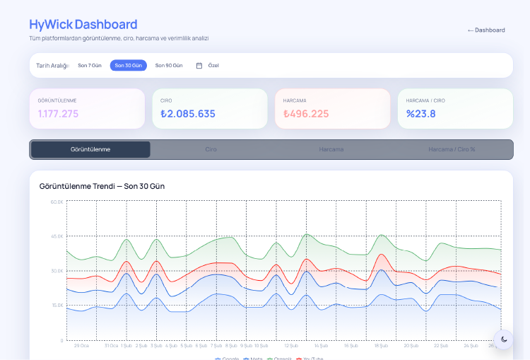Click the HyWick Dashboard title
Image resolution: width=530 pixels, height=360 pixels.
[83, 25]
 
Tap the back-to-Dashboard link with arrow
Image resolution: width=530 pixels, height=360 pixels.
[486, 30]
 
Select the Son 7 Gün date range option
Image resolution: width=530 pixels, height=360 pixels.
[90, 65]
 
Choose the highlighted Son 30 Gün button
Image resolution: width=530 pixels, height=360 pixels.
[129, 65]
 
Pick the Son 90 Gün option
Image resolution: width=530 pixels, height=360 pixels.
[169, 65]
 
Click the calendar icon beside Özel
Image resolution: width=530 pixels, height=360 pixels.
[199, 66]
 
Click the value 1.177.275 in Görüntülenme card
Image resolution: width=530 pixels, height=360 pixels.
[59, 114]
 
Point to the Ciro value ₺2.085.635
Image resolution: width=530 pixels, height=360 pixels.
[188, 114]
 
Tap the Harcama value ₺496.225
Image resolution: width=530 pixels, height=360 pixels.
[306, 114]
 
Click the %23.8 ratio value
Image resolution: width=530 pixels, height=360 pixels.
[421, 114]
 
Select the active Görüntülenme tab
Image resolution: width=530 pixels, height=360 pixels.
[90, 149]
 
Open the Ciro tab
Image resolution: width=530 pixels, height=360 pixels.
[211, 149]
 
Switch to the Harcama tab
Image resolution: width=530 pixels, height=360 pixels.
[331, 149]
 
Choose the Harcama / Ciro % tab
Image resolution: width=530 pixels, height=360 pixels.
[452, 149]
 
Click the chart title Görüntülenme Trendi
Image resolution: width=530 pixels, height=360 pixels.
[102, 186]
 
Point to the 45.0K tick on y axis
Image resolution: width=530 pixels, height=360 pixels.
[57, 236]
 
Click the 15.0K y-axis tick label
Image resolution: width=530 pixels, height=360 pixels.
[57, 306]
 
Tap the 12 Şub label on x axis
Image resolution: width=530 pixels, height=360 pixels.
[291, 346]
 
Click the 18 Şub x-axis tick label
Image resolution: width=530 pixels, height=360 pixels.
[381, 346]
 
